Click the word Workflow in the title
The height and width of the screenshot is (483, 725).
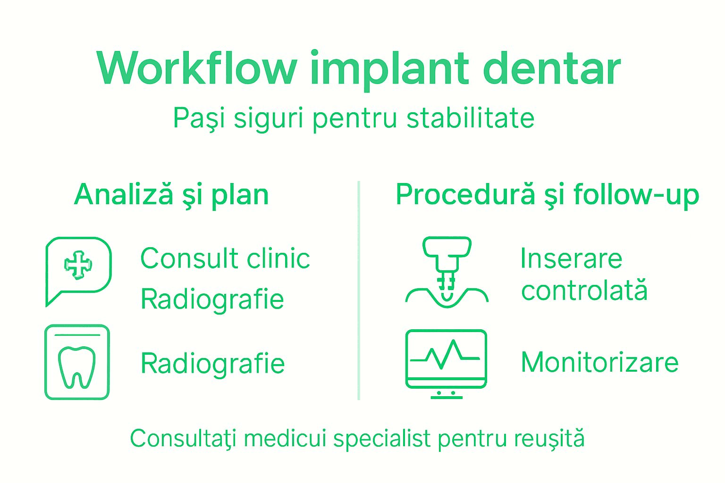[197, 69]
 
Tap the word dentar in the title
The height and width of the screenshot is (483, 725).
[551, 69]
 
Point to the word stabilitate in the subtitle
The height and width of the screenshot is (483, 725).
[470, 118]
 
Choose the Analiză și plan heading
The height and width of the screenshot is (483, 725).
[171, 195]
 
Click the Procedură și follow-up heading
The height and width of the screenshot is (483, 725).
[547, 195]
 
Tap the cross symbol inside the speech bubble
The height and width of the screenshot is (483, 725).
[78, 265]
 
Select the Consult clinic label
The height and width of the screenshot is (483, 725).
[225, 258]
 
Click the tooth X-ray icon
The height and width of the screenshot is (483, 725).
[77, 362]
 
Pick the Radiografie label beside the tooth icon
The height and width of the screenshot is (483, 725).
[212, 364]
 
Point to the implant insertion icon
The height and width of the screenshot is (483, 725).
[447, 272]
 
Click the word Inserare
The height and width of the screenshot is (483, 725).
[571, 258]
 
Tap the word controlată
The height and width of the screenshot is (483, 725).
[584, 291]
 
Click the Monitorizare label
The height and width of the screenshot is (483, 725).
[599, 363]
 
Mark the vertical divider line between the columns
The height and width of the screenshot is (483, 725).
[359, 290]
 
